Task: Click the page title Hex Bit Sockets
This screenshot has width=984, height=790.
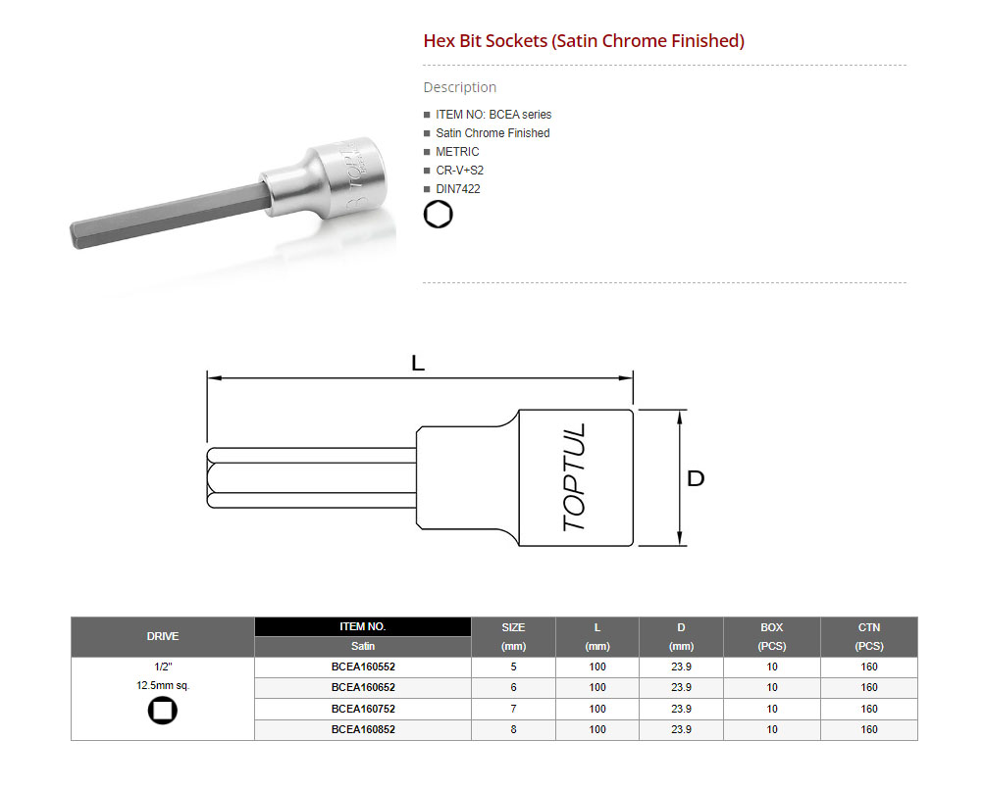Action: [x=485, y=41]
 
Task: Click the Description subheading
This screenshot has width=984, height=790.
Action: [x=459, y=87]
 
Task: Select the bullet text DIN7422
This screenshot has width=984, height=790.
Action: [x=457, y=189]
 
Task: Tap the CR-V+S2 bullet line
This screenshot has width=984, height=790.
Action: [x=459, y=170]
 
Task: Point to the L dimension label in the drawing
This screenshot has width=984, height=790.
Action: [x=418, y=363]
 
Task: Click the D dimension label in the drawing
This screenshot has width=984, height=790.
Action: [x=696, y=478]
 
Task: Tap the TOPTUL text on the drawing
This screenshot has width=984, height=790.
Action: [x=574, y=477]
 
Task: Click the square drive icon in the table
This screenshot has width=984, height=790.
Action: [x=163, y=711]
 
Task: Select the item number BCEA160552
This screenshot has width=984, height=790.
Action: [x=363, y=667]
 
